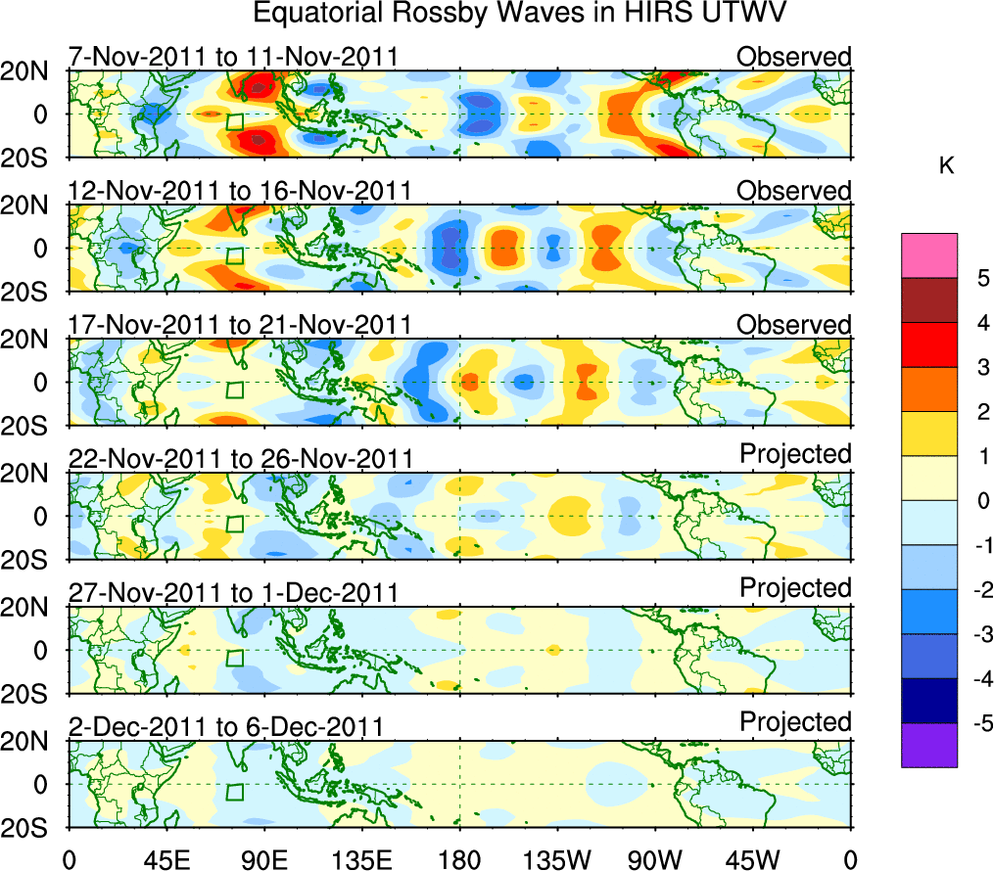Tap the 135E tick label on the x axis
[361, 861]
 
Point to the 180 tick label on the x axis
[459, 861]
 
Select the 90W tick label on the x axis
[654, 861]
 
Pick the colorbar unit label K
[946, 166]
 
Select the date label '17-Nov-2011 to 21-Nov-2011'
[240, 325]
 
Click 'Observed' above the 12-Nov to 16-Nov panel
[794, 190]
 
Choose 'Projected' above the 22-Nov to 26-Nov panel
[795, 454]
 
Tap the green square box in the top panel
[234, 122]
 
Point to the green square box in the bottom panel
[234, 793]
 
